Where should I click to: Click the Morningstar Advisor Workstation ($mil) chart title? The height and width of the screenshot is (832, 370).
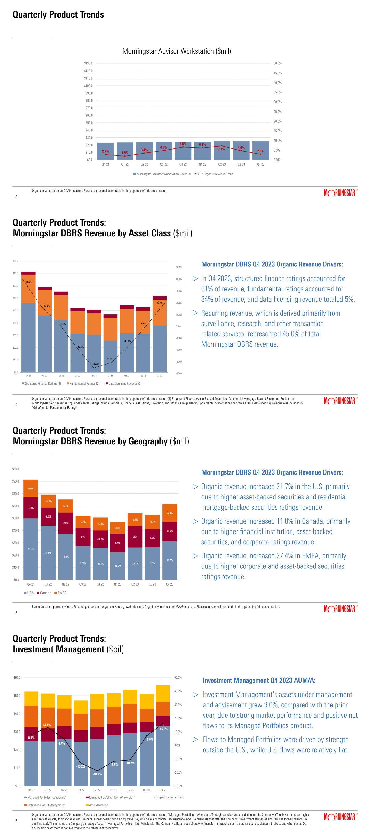tap(176, 51)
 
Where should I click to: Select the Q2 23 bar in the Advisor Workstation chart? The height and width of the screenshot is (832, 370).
tap(222, 151)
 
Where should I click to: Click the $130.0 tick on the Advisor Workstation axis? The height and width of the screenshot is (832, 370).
tap(88, 63)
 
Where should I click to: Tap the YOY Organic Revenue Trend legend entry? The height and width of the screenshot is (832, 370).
tap(215, 174)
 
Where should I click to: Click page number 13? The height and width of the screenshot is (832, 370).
tap(15, 197)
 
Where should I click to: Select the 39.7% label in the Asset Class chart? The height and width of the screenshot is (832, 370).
tap(29, 282)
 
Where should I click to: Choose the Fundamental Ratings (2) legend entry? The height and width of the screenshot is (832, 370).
tap(84, 384)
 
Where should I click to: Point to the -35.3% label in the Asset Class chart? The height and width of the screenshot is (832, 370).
tap(96, 364)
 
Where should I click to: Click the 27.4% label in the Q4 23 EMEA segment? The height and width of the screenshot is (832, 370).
tap(170, 513)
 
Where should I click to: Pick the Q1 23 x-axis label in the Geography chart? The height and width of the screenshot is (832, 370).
tap(118, 584)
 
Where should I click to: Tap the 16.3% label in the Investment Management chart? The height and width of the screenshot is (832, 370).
tap(164, 729)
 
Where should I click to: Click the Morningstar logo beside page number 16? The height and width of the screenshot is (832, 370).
tap(339, 817)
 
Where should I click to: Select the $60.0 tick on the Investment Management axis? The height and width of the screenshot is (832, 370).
tap(17, 677)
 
